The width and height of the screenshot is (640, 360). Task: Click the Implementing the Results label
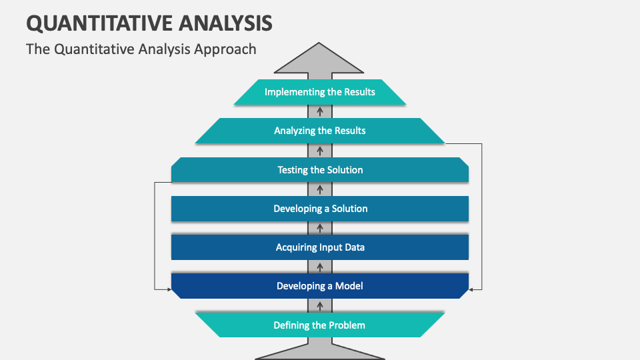click(320, 92)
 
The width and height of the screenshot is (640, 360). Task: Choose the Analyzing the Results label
click(320, 131)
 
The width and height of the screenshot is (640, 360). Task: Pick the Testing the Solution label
click(320, 170)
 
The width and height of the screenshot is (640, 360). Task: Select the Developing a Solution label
click(320, 209)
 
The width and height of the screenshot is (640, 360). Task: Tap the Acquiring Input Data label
click(320, 247)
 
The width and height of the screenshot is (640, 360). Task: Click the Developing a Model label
click(320, 286)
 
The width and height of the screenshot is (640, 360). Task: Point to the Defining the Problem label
click(320, 325)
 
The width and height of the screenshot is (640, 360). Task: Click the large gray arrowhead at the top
click(320, 59)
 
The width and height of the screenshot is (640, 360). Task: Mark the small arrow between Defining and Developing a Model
click(320, 306)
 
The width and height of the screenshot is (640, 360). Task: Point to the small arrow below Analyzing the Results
click(320, 151)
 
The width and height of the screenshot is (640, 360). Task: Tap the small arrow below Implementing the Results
click(320, 111)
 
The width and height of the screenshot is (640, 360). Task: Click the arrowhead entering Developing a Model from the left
click(168, 289)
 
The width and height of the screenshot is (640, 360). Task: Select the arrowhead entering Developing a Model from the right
click(472, 289)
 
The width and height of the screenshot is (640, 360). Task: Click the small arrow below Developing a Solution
click(320, 228)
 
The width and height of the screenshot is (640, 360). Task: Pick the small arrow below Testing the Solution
click(320, 189)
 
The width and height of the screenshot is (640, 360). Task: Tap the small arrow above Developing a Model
click(320, 267)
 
